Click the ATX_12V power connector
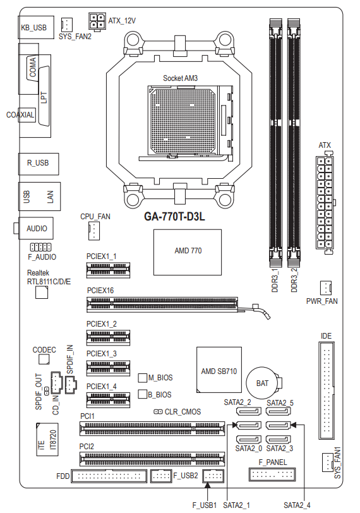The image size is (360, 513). [97, 21]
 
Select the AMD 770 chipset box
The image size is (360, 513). [188, 252]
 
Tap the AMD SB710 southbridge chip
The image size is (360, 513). [219, 370]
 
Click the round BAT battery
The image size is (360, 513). [263, 383]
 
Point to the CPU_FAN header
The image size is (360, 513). [93, 231]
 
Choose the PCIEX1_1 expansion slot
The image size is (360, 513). [108, 270]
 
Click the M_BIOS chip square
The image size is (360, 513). [143, 378]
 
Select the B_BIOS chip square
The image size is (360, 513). [143, 394]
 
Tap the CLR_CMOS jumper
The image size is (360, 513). [159, 411]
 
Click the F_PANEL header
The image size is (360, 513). [272, 474]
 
